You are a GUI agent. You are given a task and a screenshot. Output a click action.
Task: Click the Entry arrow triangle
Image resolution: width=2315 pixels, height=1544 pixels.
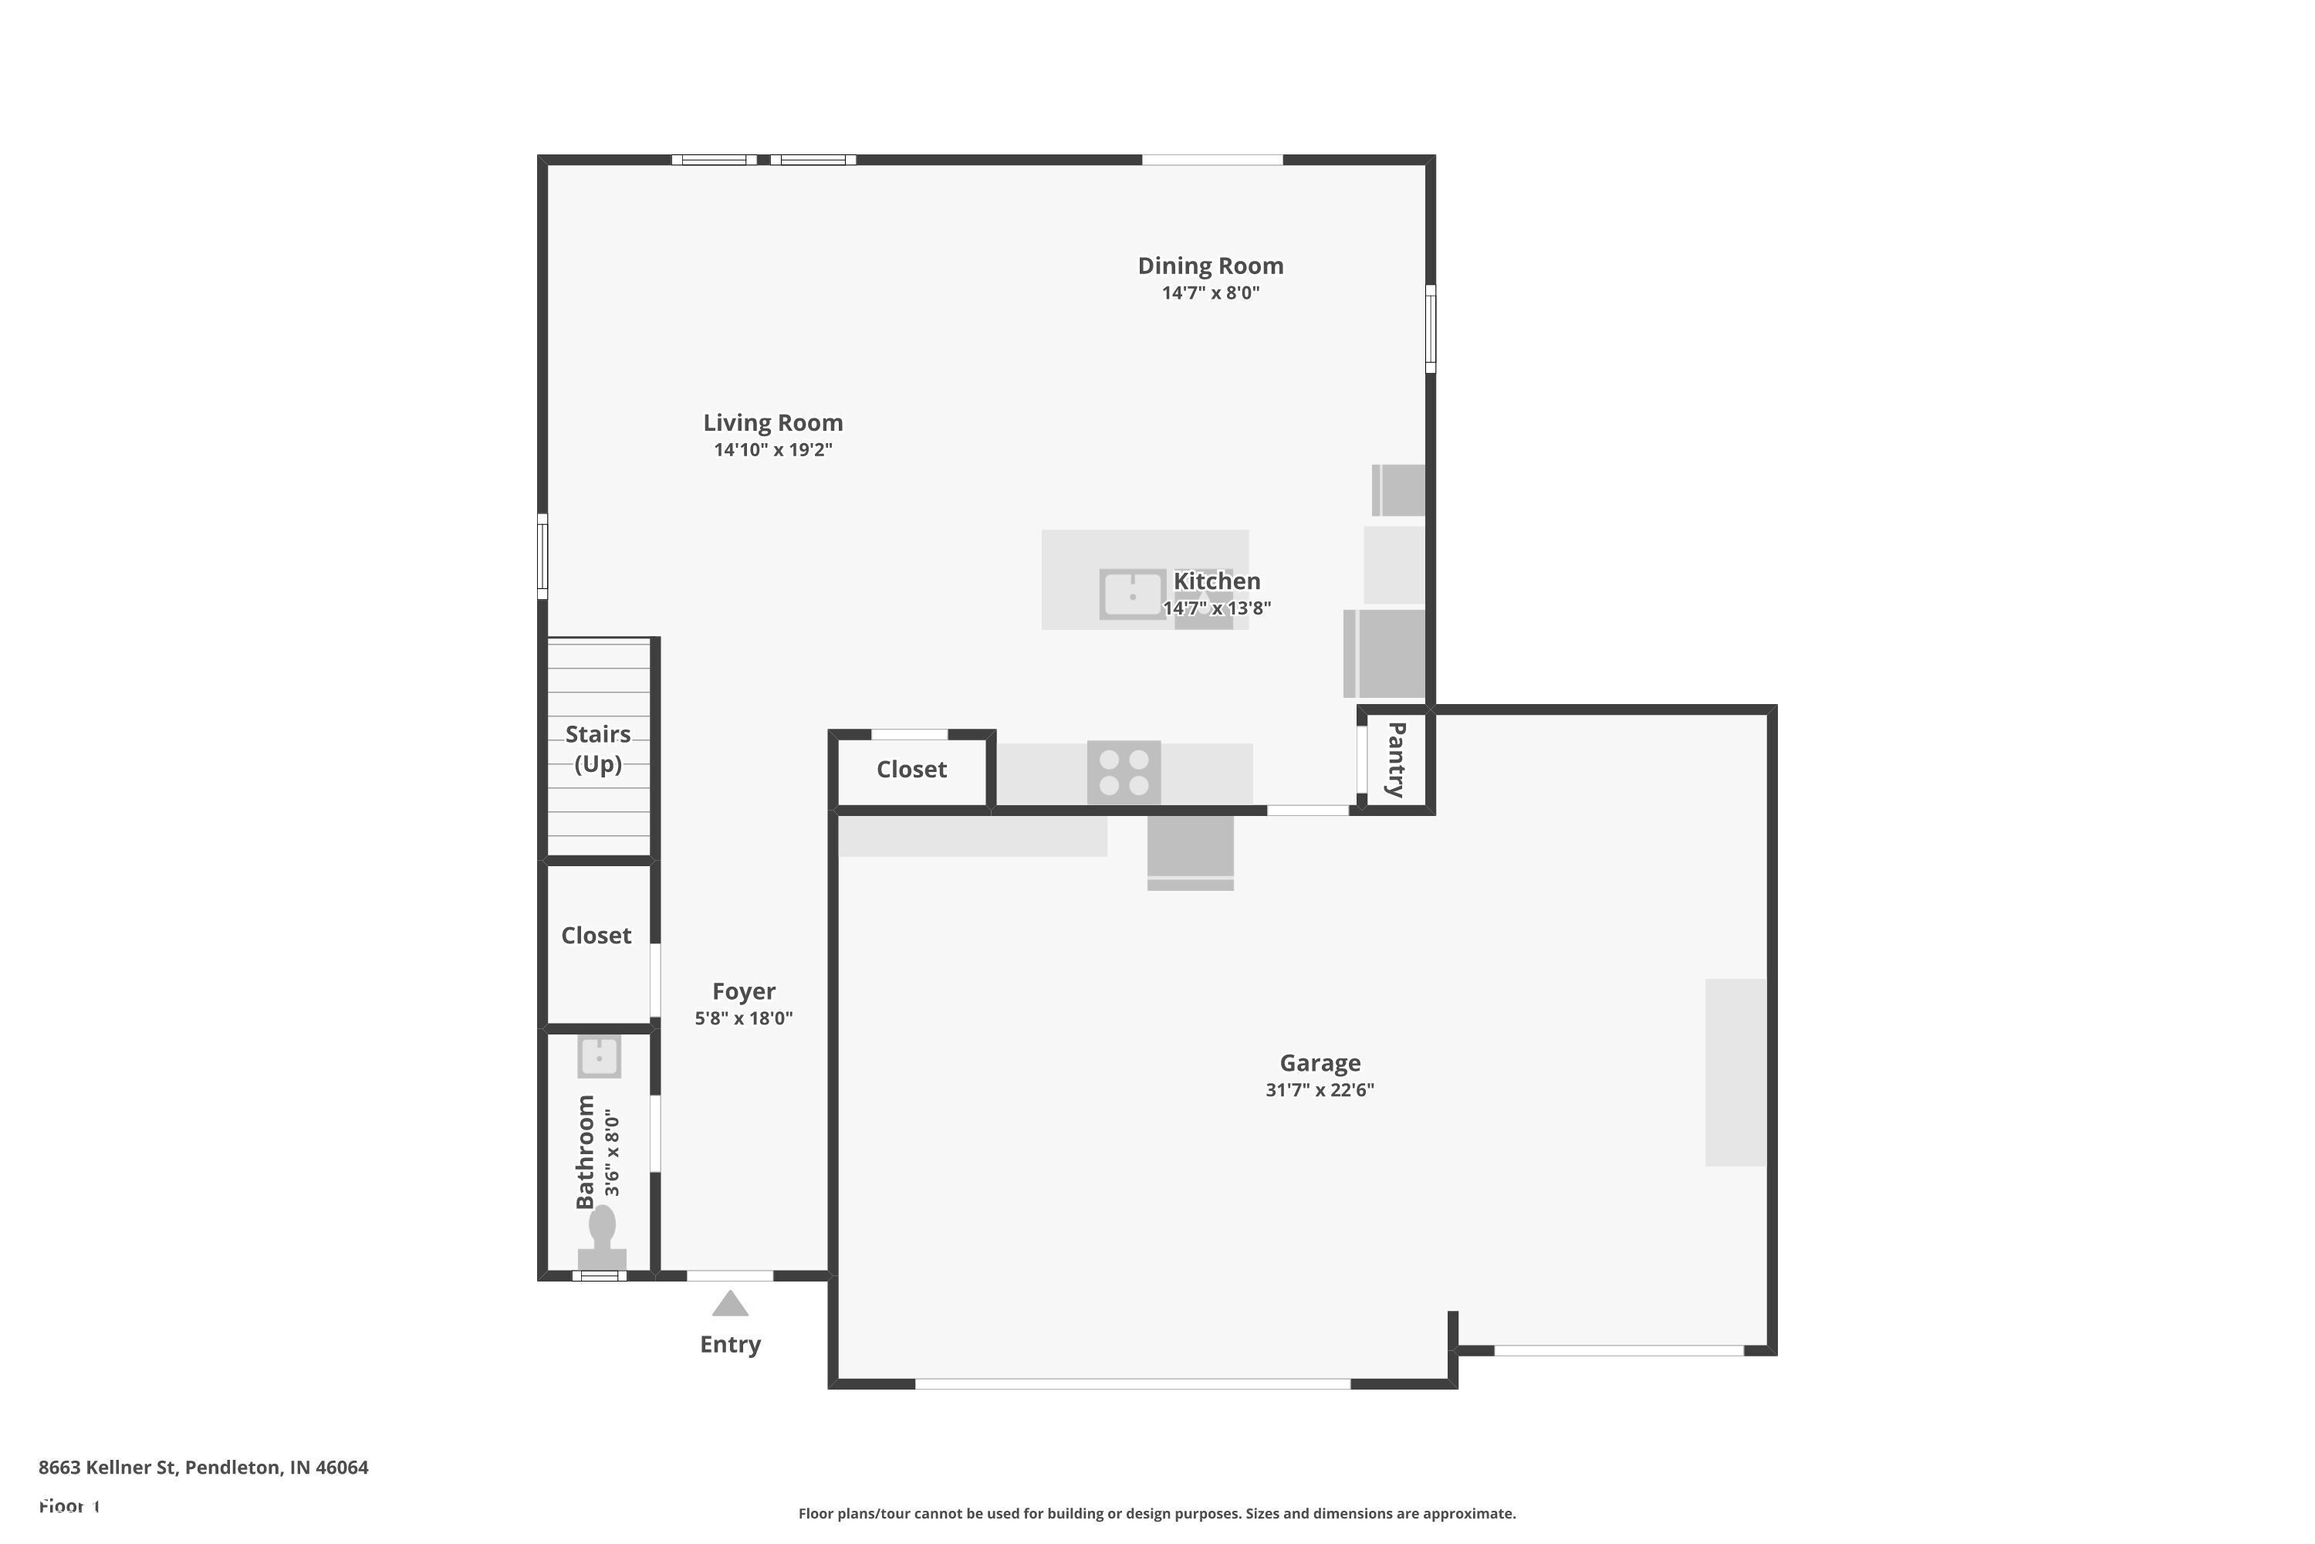729,1304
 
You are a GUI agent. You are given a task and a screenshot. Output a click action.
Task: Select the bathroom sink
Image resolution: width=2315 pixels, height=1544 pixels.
599,1058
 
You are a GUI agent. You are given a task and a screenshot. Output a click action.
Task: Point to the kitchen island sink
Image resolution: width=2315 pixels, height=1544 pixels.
1132,594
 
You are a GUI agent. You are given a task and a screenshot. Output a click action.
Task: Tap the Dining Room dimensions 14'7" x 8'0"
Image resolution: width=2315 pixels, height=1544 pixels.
1210,293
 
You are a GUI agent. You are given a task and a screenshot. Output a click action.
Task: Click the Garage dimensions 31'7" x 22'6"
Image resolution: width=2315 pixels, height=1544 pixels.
1319,1089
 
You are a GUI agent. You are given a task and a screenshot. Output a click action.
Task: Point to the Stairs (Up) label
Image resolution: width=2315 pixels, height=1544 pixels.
597,748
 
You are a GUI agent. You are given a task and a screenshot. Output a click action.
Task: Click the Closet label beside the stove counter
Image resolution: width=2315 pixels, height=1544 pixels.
911,769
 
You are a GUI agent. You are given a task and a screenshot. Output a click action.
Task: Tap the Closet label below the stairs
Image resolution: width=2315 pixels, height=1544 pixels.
596,936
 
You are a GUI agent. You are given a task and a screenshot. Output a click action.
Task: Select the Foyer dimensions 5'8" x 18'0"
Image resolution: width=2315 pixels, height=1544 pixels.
743,1018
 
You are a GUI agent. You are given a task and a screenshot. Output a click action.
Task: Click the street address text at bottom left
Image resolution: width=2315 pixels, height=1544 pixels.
203,1468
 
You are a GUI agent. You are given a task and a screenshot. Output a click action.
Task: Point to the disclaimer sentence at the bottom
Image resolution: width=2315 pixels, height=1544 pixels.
1157,1513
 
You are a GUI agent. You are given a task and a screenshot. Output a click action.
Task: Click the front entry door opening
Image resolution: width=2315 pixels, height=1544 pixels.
729,1276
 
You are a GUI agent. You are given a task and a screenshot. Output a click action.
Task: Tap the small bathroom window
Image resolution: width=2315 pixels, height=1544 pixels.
599,1276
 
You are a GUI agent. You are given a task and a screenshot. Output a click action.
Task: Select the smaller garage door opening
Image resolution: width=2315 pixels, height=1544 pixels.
1618,1351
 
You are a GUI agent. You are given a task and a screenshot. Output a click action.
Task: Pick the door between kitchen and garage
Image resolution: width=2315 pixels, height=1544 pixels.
1307,811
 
